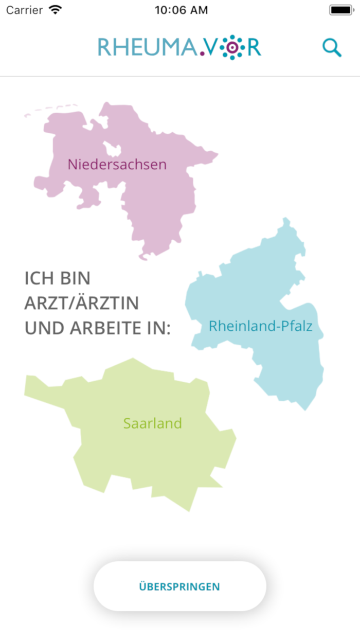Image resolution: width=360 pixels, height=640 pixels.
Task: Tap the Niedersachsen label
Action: click(117, 165)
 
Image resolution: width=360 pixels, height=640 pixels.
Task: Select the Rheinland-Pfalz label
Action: click(260, 326)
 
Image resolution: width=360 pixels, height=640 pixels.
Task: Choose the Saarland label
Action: click(152, 423)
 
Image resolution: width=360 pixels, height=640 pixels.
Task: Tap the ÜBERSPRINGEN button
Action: click(179, 586)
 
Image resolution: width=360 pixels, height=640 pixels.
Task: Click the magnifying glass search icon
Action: click(332, 48)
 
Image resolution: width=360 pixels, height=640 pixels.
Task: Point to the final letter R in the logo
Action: click(254, 48)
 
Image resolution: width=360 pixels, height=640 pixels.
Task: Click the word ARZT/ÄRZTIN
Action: click(81, 304)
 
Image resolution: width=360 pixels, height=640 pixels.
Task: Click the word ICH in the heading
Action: click(40, 279)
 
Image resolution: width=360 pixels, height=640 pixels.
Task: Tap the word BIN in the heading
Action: click(75, 279)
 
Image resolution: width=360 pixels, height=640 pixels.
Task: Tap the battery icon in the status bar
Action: click(340, 10)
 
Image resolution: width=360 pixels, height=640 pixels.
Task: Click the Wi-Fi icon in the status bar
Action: click(55, 10)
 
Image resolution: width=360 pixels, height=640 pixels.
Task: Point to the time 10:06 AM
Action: click(181, 10)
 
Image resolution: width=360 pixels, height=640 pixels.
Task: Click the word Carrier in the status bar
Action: click(24, 10)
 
